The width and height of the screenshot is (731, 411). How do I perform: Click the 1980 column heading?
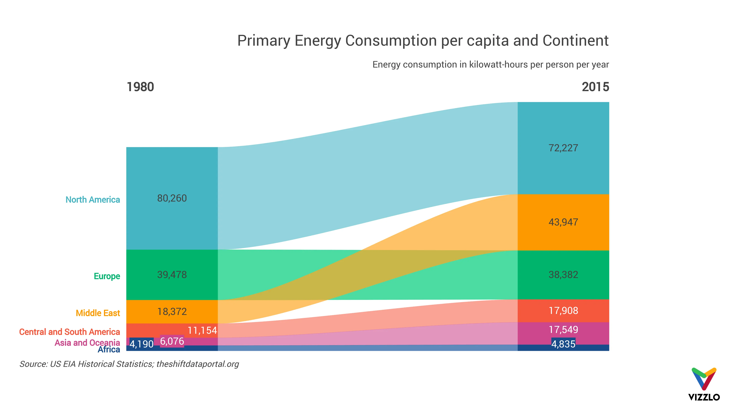point(140,87)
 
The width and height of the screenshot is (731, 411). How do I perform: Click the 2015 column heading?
point(595,87)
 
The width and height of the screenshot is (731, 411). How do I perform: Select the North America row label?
point(93,200)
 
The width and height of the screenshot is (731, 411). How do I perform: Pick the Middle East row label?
point(98,313)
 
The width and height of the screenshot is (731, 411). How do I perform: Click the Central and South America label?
point(69,332)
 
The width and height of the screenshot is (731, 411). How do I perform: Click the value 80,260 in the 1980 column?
point(172,198)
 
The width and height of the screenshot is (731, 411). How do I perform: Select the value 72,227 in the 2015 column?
point(563,148)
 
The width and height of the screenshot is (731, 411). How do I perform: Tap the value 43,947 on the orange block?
point(563,222)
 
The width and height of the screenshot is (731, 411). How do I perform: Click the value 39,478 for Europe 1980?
point(172,275)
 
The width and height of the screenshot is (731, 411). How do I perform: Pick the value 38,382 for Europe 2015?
point(563,275)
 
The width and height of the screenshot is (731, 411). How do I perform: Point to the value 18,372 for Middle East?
point(172,312)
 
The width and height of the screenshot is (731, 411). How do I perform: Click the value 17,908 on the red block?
point(563,311)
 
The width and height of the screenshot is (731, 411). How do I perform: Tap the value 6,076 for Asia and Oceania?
point(172,341)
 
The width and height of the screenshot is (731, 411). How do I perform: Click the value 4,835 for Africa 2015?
point(563,344)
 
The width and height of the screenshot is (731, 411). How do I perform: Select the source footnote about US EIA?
point(129,364)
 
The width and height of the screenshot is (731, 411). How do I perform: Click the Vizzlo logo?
point(704,384)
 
